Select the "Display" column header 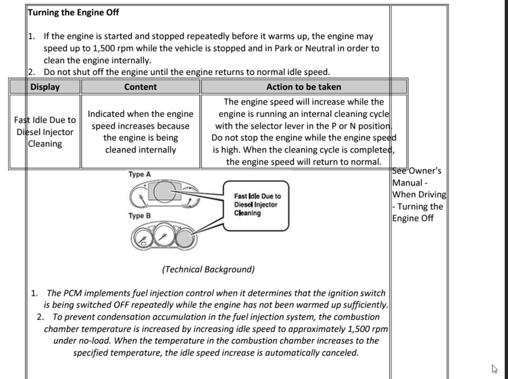(44, 87)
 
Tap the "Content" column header (140, 87)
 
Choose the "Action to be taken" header (304, 87)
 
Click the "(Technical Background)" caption (208, 269)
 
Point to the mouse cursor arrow (494, 369)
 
